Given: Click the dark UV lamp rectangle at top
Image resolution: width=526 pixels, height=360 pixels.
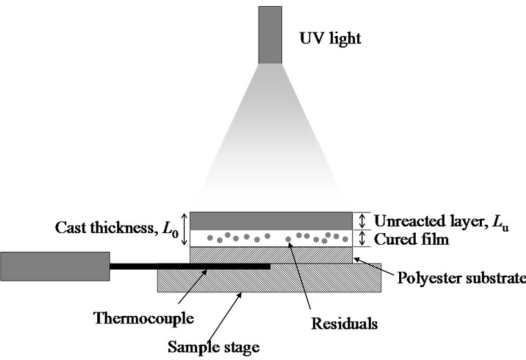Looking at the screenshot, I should pyautogui.click(x=270, y=34).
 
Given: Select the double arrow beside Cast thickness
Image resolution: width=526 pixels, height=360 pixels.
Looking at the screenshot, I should pyautogui.click(x=182, y=229).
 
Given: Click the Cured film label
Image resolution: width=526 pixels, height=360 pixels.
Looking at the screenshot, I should pyautogui.click(x=412, y=239).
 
